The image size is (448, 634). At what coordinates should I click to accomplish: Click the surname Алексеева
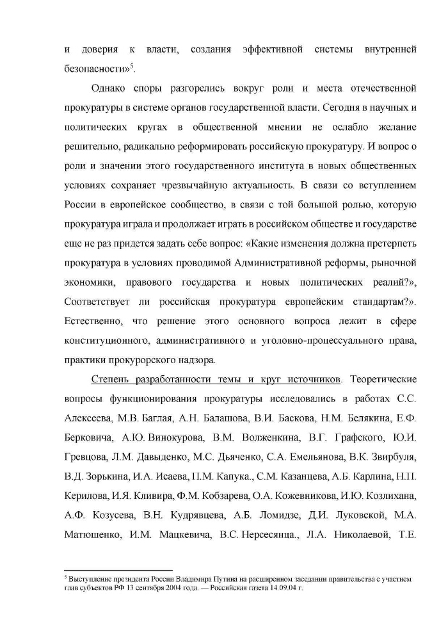click(91, 419)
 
